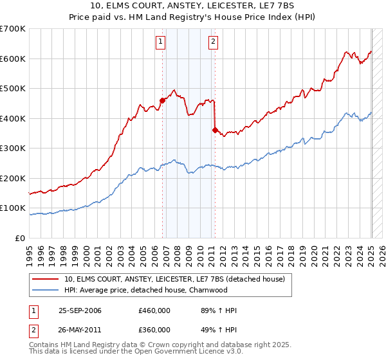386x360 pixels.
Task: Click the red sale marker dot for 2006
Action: click(x=162, y=100)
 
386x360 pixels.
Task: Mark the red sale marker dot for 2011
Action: click(x=215, y=130)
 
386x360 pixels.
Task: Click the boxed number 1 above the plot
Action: click(x=160, y=43)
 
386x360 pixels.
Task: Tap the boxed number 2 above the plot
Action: click(x=213, y=43)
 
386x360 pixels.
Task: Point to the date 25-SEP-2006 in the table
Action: click(x=80, y=310)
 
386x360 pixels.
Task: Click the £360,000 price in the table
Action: click(x=154, y=330)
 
